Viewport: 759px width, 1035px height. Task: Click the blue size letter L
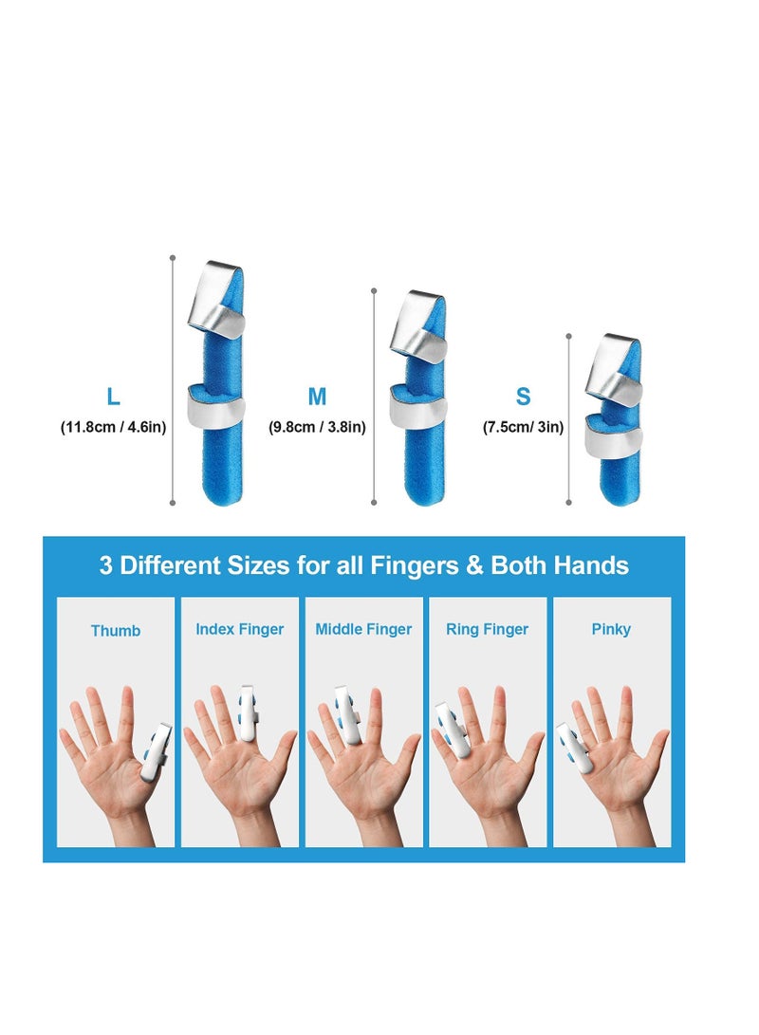114,396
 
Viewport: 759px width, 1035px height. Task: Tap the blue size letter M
317,396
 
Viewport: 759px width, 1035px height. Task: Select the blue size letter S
523,396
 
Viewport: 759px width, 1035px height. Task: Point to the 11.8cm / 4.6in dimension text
114,427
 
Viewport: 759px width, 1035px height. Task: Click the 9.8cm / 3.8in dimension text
317,427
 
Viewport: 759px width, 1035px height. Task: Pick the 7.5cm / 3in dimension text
523,427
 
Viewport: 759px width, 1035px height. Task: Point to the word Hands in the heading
594,566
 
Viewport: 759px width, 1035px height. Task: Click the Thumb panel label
116,630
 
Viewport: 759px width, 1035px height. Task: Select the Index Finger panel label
240,629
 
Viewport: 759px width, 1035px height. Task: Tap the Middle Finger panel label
363,629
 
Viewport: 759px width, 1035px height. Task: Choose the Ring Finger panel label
487,629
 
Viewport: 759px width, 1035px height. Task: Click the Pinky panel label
611,629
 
